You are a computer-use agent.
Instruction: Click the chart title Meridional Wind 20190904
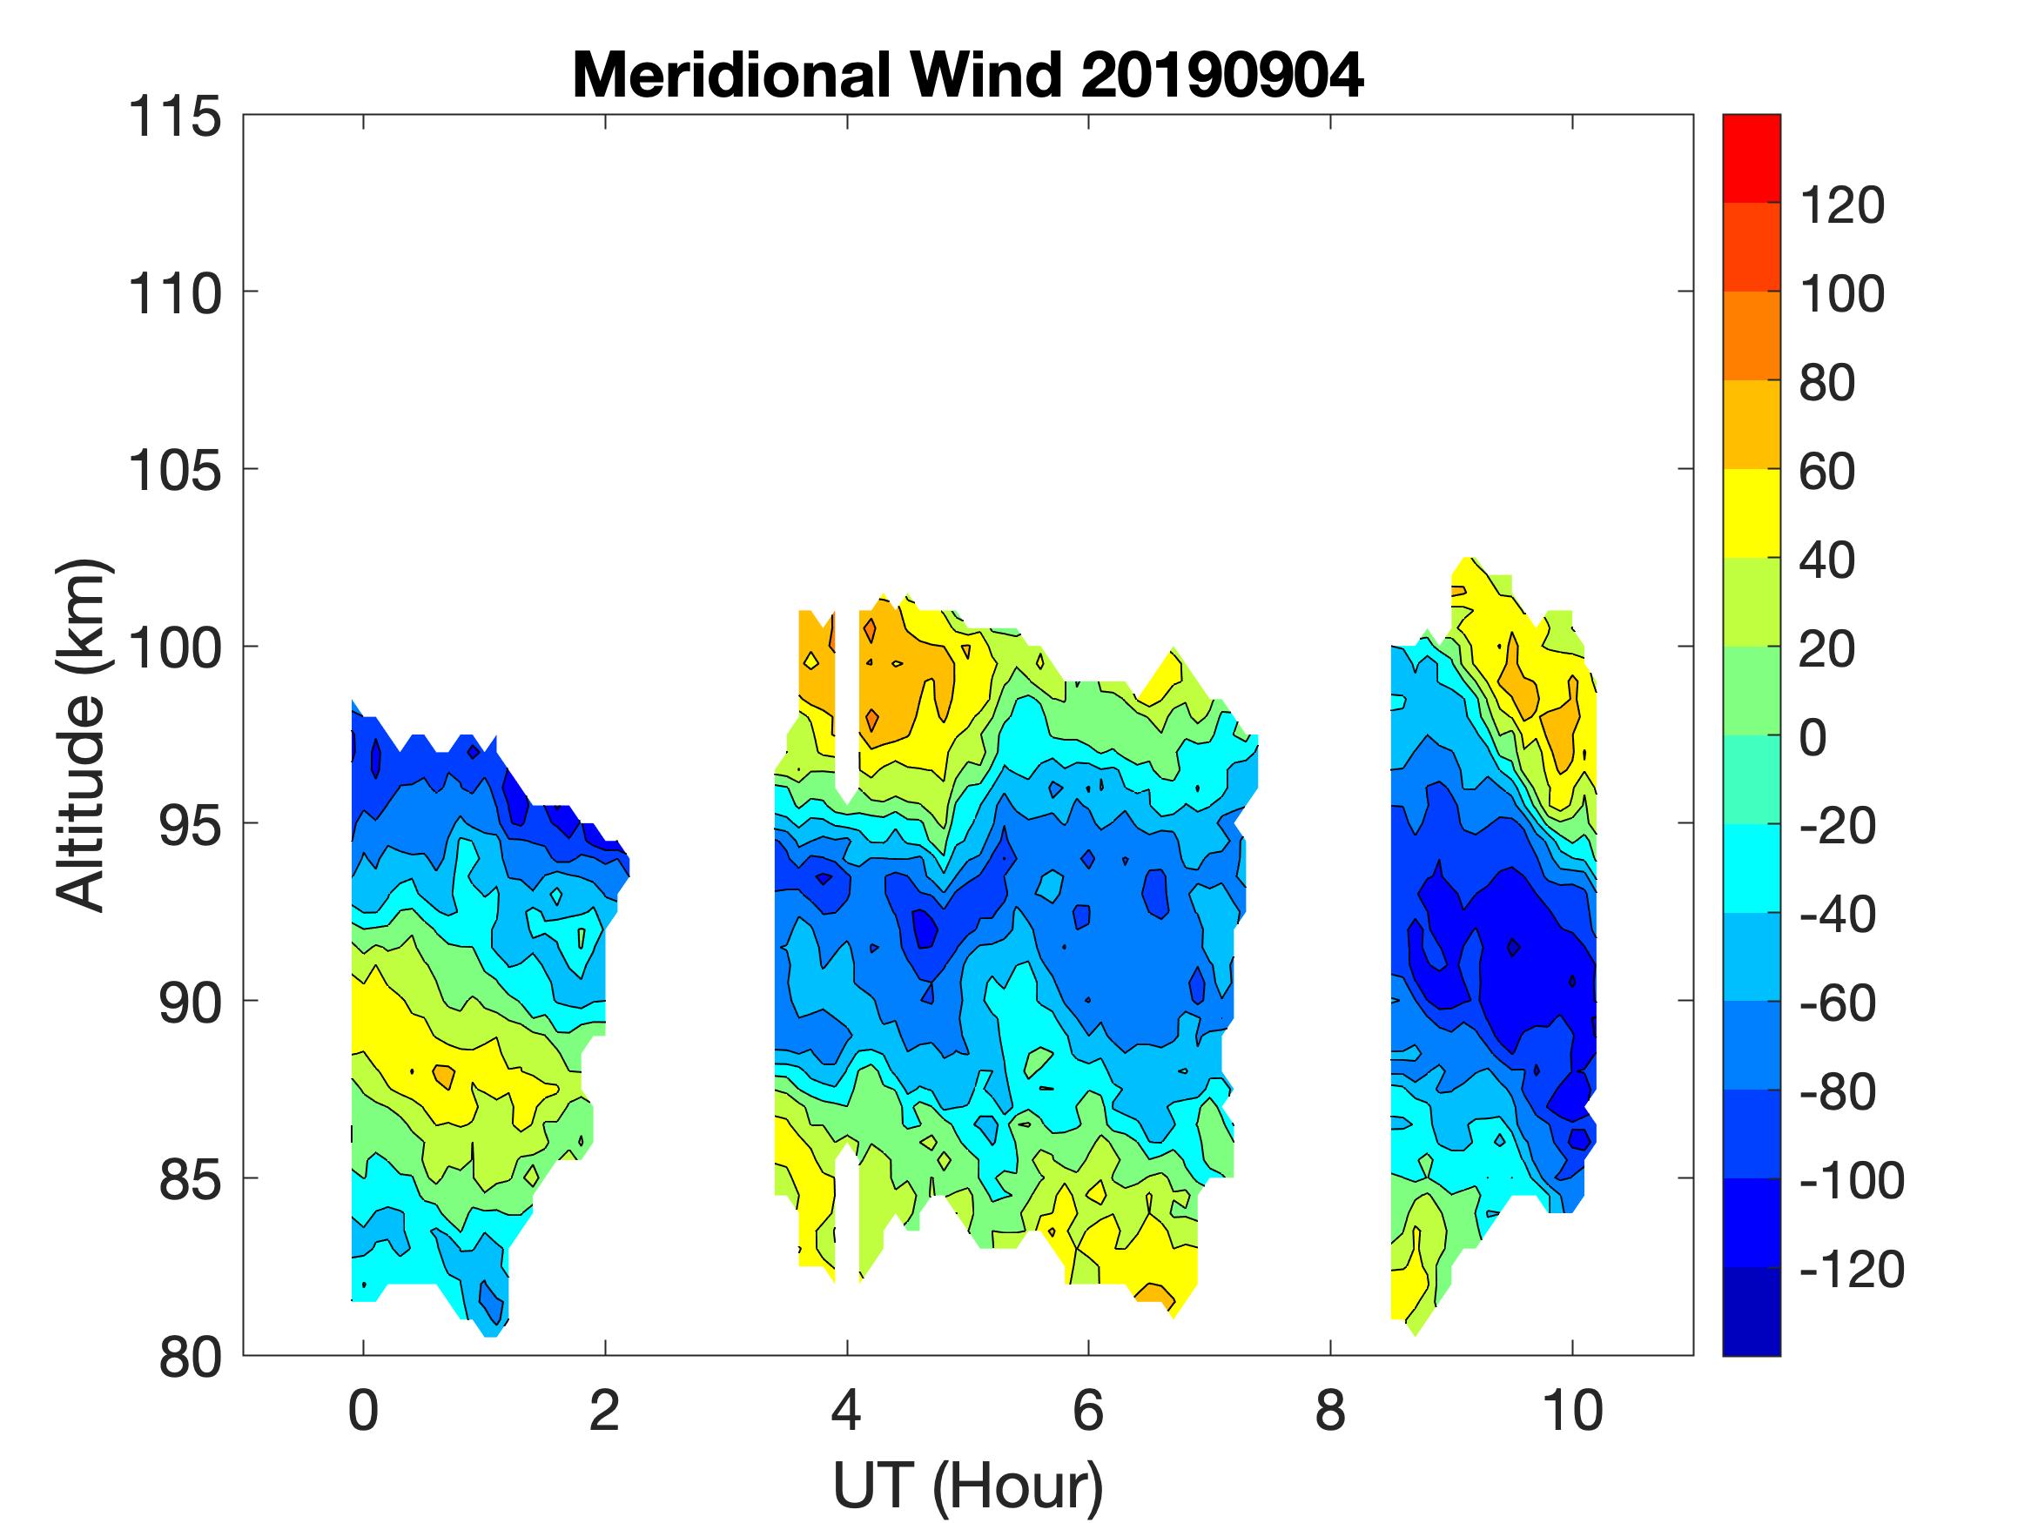tap(968, 75)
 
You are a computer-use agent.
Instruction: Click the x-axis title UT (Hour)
tap(968, 1485)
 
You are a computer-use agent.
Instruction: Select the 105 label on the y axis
tap(174, 471)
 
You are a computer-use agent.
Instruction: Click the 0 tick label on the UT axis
tap(364, 1411)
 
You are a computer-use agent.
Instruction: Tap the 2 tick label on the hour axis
tap(604, 1411)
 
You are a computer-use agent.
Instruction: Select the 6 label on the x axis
tap(1088, 1411)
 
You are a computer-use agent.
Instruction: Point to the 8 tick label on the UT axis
tap(1330, 1411)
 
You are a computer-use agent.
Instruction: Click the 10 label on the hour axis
tap(1573, 1411)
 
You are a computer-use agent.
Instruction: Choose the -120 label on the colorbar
tap(1851, 1270)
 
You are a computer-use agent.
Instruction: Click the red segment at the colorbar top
tap(1751, 158)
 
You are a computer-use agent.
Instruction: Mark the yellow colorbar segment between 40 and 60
tap(1751, 514)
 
